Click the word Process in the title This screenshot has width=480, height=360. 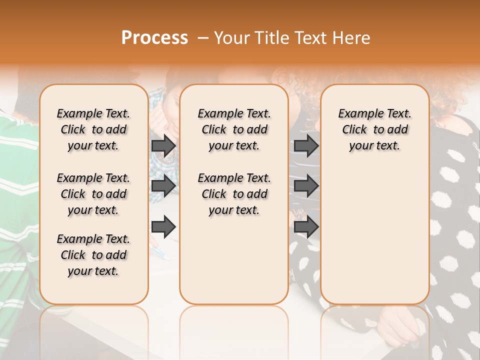coord(154,38)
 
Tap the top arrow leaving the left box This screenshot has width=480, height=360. coord(163,145)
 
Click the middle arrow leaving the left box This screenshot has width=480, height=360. coord(163,186)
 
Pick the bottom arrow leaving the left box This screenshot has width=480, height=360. coord(163,226)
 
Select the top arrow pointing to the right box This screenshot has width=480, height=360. coord(306,145)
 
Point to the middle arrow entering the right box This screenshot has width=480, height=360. coord(306,186)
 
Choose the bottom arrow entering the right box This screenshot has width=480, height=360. coord(306,226)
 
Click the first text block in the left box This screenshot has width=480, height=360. coord(93,129)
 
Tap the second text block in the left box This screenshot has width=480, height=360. coord(93,194)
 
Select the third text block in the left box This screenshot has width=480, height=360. coord(93,255)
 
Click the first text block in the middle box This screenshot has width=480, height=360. coord(234,129)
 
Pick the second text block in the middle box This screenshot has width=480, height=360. coord(234,194)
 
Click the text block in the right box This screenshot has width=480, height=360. coord(374,129)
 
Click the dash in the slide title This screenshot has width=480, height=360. coord(202,38)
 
